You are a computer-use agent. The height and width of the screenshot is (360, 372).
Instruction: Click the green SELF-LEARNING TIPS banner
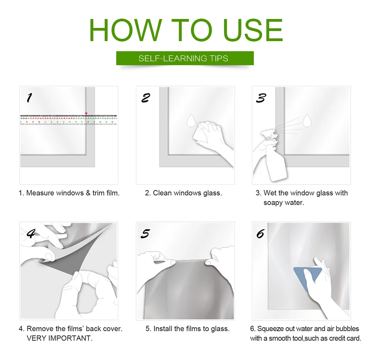[185, 58]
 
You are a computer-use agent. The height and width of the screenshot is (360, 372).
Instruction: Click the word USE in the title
[253, 30]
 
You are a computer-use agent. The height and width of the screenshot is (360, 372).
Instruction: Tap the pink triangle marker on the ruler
[86, 114]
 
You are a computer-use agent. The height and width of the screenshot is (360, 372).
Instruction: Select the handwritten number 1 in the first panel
[29, 98]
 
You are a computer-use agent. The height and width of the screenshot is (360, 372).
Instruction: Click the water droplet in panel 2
[191, 121]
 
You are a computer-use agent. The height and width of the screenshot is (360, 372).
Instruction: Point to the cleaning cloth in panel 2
[201, 134]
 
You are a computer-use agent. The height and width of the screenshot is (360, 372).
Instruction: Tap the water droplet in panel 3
[307, 121]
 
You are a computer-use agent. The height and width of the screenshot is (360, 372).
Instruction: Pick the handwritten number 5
[145, 234]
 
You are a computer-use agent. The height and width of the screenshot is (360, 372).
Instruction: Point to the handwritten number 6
[260, 234]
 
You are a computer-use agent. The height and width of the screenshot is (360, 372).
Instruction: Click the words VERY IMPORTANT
[60, 338]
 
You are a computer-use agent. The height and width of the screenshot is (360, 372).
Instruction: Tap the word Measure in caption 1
[40, 193]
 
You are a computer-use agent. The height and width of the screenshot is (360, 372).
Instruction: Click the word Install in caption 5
[163, 329]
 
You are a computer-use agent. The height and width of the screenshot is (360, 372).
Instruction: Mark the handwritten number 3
[261, 98]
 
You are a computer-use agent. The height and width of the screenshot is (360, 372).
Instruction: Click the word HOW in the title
[126, 30]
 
